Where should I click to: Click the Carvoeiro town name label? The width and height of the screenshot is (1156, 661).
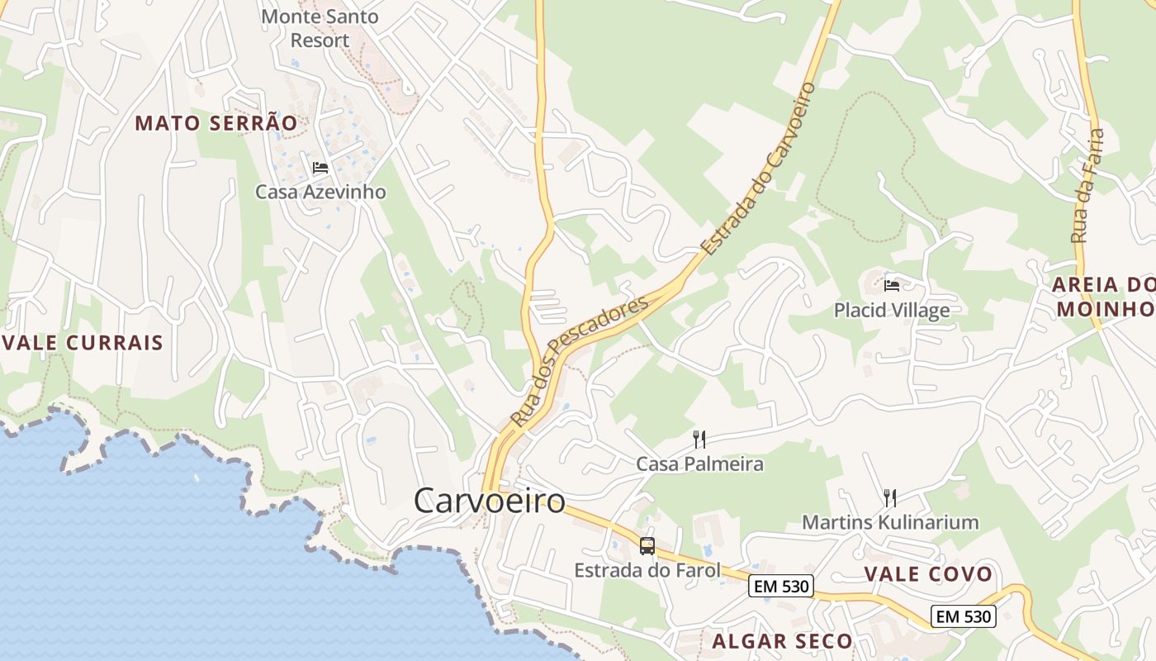point(489,501)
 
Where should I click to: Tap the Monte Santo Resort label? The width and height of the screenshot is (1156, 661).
point(320,28)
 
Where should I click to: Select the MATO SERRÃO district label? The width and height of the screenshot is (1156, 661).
point(216,123)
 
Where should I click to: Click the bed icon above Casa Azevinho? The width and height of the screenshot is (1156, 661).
point(320,168)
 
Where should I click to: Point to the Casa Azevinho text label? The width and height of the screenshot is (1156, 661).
point(320,192)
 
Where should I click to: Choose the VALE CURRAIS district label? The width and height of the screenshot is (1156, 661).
point(83,343)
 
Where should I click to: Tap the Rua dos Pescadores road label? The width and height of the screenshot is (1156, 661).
point(580,361)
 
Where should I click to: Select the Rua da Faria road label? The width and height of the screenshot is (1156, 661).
point(1087,185)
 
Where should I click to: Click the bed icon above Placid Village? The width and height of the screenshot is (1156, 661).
point(892,286)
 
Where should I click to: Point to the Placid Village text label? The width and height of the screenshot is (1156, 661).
point(892,310)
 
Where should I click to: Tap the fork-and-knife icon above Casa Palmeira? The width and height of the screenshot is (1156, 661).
point(699,439)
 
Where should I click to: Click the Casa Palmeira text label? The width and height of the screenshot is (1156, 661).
point(699,464)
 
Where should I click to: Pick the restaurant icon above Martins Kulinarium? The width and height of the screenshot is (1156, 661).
point(890,497)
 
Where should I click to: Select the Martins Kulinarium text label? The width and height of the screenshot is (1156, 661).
point(890,522)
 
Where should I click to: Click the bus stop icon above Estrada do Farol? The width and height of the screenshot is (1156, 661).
point(647,546)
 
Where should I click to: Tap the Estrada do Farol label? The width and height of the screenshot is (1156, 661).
point(647,570)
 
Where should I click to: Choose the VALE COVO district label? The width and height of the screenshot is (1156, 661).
point(928,574)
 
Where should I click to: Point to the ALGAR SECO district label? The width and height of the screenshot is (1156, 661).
point(782,641)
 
